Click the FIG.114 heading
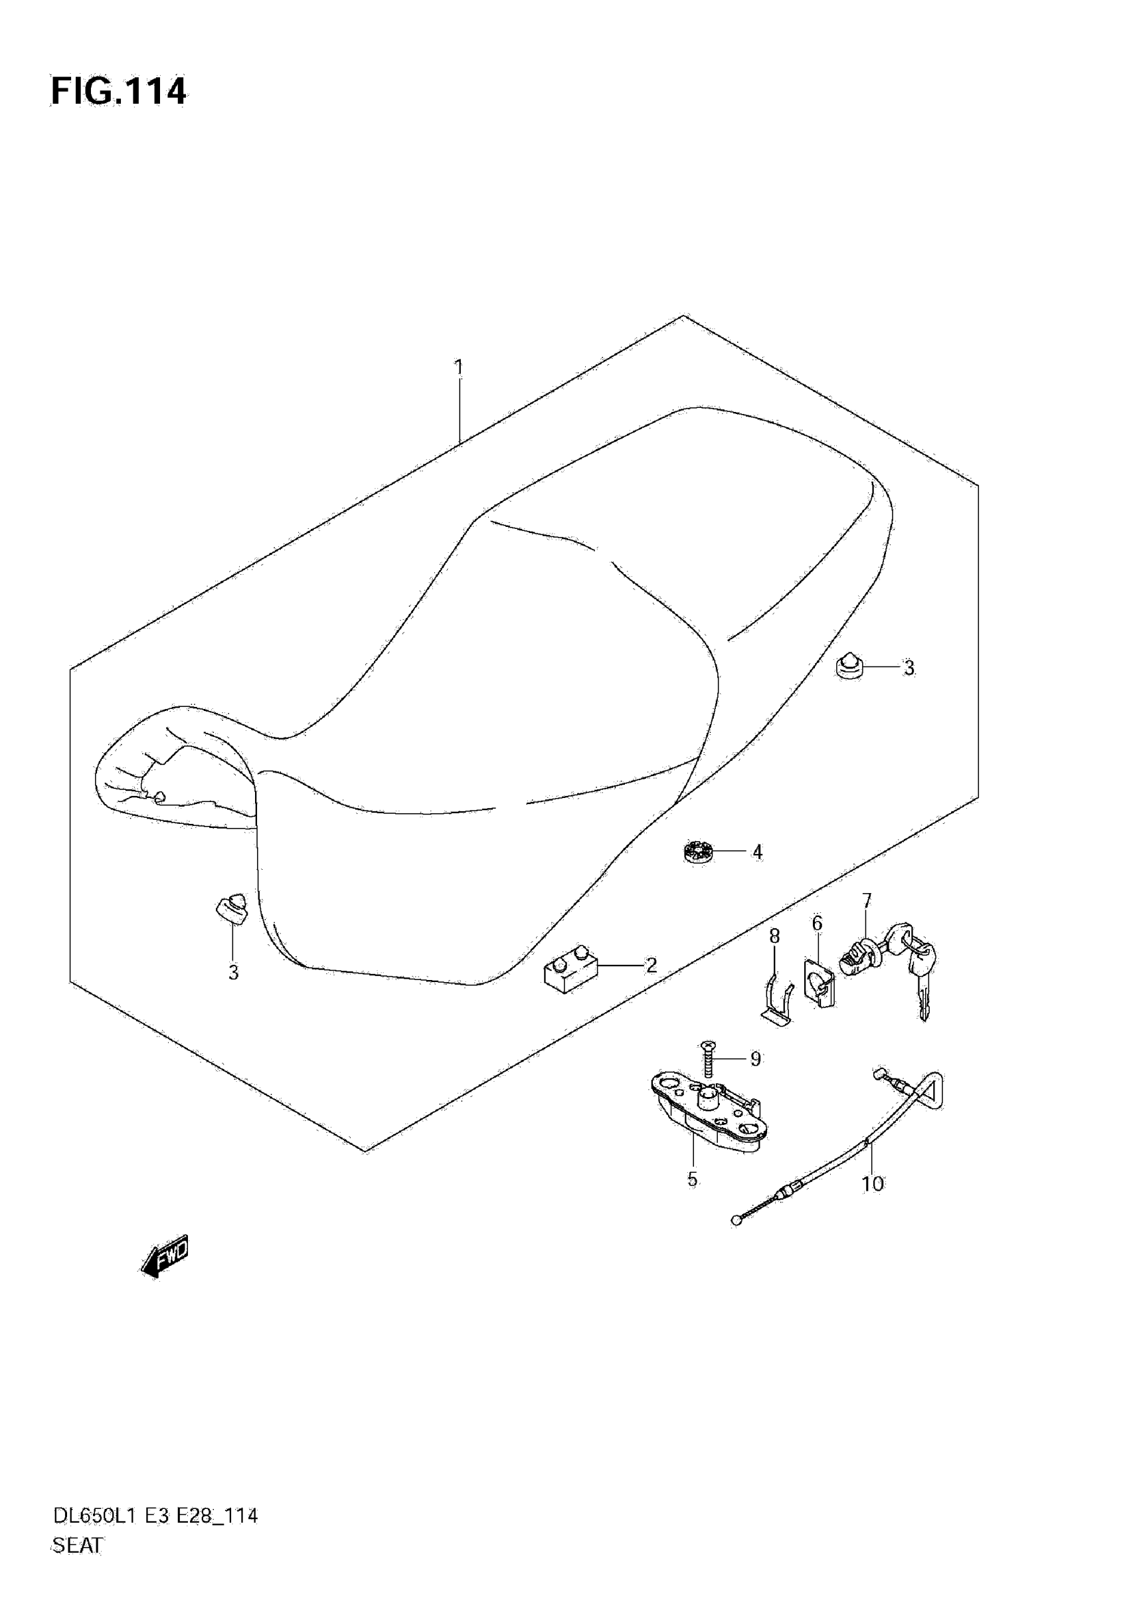(118, 91)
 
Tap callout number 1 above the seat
(458, 367)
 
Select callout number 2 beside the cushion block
(651, 965)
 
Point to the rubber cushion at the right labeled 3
(849, 666)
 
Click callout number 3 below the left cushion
(233, 972)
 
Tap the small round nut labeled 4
(697, 852)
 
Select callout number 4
(757, 852)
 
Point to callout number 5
(692, 1179)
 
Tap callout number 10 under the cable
(872, 1183)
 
